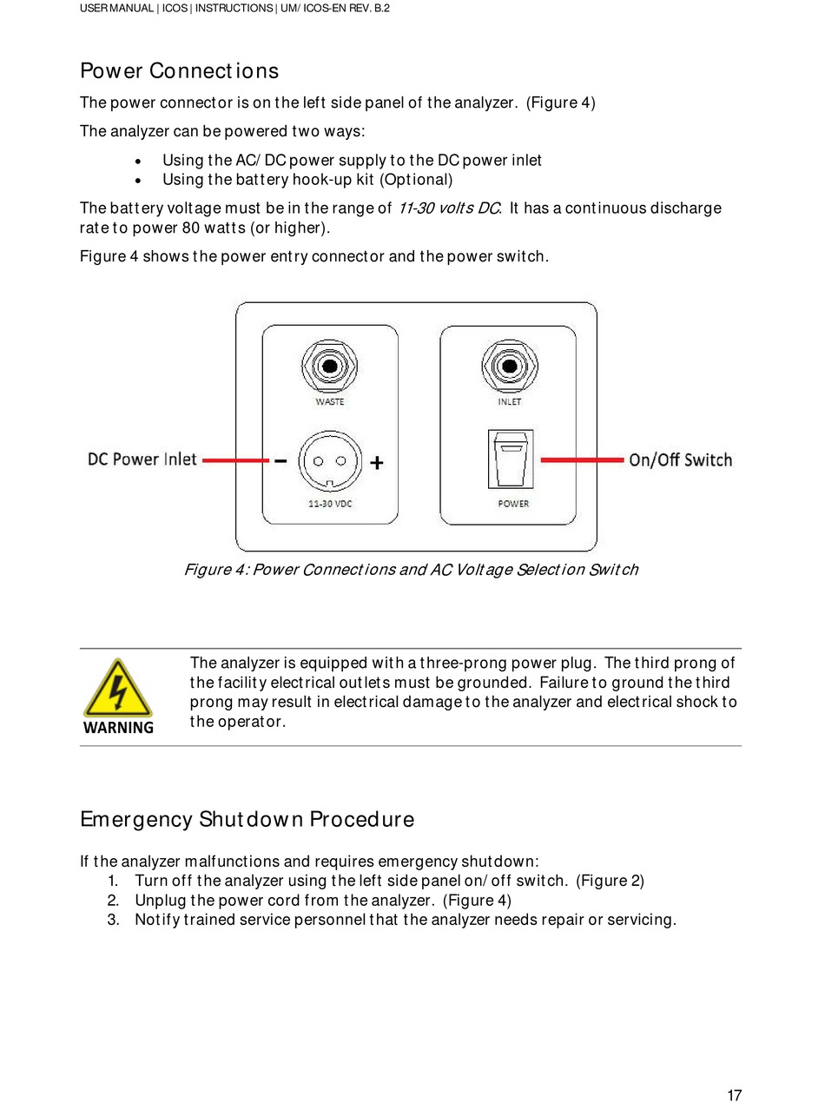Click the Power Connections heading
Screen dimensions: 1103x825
pos(179,71)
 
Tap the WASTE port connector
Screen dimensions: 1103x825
pos(329,367)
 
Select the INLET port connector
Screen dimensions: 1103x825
pos(509,367)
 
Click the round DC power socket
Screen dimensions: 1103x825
pos(329,462)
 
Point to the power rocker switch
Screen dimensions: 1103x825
pos(510,460)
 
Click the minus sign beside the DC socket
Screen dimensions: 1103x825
pos(281,462)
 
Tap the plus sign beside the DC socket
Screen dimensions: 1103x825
pos(377,464)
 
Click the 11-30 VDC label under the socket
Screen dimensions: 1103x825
pos(330,504)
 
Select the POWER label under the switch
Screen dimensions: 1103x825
pos(513,504)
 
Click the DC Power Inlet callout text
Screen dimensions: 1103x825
pos(142,459)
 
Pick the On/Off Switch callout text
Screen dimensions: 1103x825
pos(680,460)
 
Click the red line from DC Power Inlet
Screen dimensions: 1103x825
pos(234,460)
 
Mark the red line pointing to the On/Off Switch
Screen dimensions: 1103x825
pos(582,459)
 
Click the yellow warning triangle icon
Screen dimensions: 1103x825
pos(117,689)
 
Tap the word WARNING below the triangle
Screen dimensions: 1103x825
pos(118,728)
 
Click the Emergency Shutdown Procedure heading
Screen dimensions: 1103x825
pos(247,820)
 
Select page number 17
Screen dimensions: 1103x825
pos(735,1095)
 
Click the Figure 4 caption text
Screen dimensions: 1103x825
pos(411,570)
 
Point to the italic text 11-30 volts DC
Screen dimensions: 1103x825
pos(449,208)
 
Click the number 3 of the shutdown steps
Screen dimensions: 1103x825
pos(114,920)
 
